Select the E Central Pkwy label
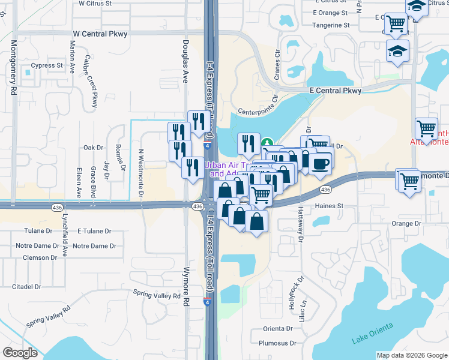pyautogui.click(x=335, y=91)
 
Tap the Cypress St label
pyautogui.click(x=47, y=65)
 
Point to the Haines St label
pyautogui.click(x=328, y=206)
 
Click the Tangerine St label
pyautogui.click(x=331, y=25)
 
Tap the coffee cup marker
pyautogui.click(x=320, y=161)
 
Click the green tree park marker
pyautogui.click(x=268, y=143)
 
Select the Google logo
pyautogui.click(x=20, y=353)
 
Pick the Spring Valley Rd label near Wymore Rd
pyautogui.click(x=157, y=295)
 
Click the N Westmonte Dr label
pyautogui.click(x=142, y=173)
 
